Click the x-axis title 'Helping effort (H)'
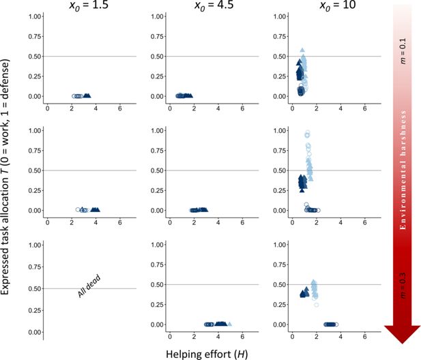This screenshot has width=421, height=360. pos(204,353)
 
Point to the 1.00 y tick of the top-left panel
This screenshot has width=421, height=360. pos(32,16)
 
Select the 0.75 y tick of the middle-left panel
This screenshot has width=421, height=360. pos(32,150)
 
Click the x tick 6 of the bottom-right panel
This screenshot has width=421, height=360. pos(364,337)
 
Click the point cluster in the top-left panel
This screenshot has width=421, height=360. pos(81,96)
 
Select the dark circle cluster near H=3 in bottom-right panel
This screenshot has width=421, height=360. pos(330,325)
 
